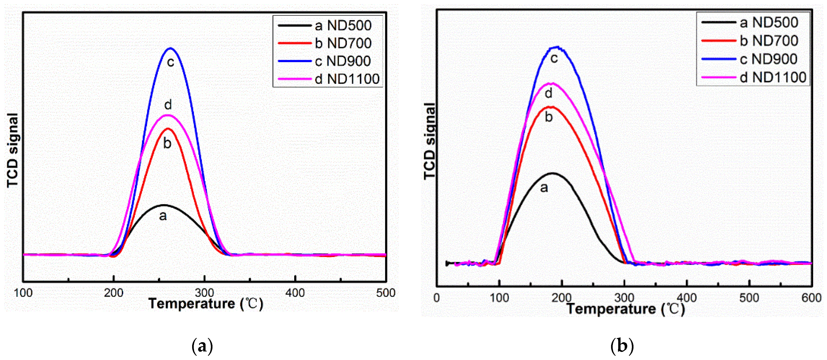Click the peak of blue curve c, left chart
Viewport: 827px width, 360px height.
(170, 49)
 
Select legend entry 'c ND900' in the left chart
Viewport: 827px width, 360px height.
(343, 61)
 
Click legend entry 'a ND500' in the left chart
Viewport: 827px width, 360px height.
(343, 25)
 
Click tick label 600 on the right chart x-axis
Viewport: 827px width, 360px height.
(811, 298)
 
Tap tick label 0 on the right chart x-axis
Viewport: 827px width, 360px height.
(436, 298)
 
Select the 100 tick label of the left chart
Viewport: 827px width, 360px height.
(23, 293)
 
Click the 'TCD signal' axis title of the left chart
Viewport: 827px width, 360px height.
(13, 150)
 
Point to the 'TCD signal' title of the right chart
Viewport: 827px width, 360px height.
(430, 141)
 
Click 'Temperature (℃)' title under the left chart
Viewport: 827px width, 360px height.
(206, 304)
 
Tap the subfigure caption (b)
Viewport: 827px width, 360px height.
(622, 346)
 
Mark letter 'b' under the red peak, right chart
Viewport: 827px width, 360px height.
(549, 117)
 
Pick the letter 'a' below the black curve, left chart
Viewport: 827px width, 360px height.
(163, 216)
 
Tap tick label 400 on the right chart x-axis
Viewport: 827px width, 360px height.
(686, 298)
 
